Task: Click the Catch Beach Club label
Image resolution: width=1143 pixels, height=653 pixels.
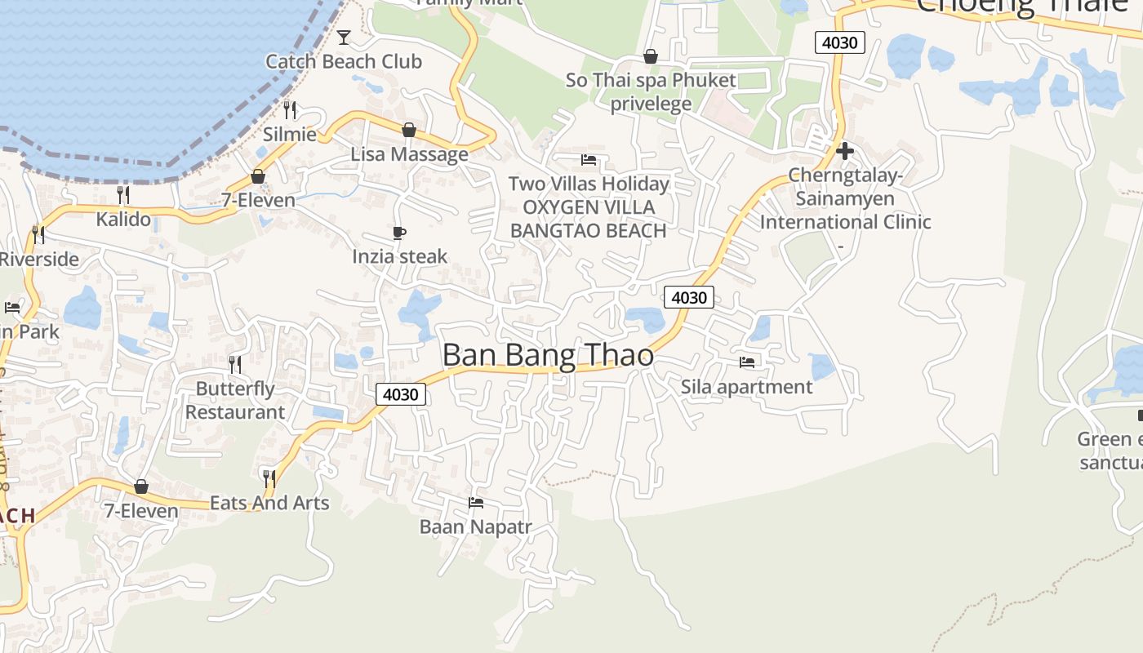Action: click(x=344, y=61)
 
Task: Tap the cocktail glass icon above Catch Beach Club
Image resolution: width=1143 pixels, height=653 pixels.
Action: click(x=344, y=38)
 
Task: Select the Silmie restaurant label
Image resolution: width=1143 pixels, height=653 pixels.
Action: click(x=289, y=134)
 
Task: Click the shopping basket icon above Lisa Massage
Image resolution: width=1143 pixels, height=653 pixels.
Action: click(x=409, y=130)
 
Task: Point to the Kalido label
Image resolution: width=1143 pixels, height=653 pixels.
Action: click(x=123, y=219)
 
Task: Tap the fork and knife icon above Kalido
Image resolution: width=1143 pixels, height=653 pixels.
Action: click(x=123, y=194)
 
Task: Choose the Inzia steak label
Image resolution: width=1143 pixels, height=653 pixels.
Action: click(x=399, y=256)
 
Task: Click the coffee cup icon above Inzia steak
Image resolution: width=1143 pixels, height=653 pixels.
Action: click(x=399, y=233)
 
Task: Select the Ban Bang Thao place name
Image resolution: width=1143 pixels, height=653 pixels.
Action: click(x=548, y=355)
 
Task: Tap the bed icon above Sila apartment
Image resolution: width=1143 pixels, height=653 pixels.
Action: click(x=747, y=362)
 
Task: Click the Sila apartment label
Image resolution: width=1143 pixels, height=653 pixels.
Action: click(x=747, y=386)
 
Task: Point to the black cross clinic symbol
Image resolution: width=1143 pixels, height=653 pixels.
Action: click(x=845, y=151)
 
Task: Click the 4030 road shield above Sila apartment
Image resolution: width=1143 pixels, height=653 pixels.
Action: click(x=688, y=297)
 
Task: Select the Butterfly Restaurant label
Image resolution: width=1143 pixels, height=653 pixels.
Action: click(x=235, y=400)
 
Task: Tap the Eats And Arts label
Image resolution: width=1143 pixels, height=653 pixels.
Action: click(x=269, y=502)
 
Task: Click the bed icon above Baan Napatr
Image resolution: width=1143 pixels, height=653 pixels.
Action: click(x=476, y=503)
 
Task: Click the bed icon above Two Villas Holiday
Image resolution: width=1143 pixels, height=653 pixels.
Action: click(x=589, y=160)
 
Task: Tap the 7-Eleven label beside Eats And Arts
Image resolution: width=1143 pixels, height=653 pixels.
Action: click(x=140, y=510)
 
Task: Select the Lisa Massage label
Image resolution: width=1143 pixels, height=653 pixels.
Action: click(x=409, y=153)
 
